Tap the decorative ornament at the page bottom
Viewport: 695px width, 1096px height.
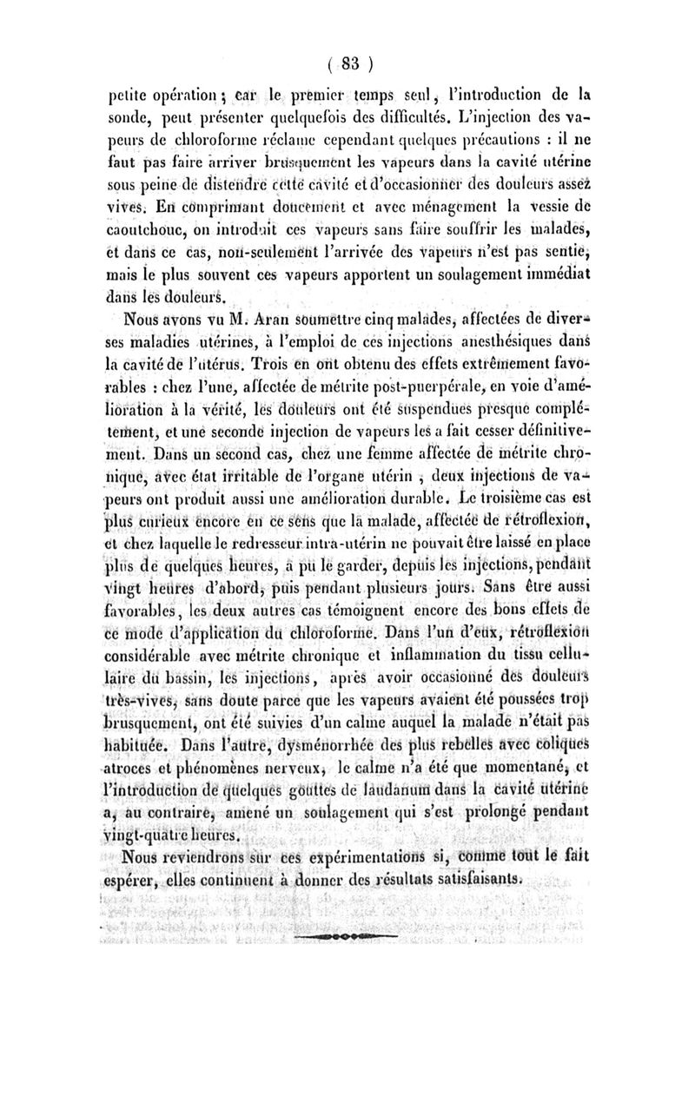(346, 939)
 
